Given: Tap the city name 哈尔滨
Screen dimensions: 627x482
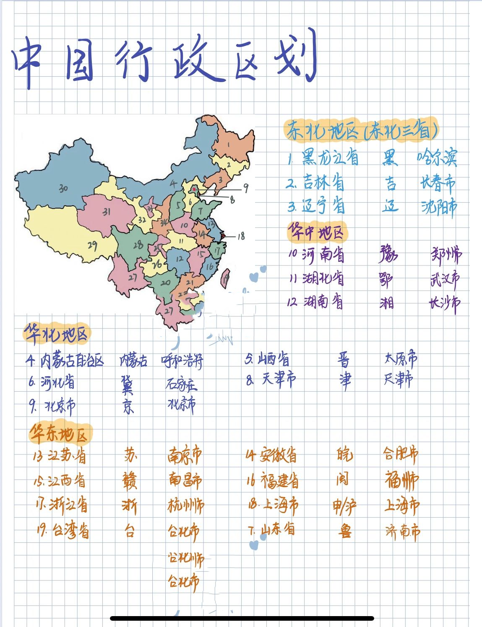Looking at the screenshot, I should click(x=436, y=157).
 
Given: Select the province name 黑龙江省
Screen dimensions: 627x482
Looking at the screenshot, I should click(x=330, y=158).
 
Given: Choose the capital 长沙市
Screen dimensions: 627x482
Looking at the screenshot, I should click(x=444, y=303).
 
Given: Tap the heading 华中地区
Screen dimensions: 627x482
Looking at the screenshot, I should click(x=317, y=232).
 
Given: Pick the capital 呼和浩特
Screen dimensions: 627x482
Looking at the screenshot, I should click(x=182, y=360).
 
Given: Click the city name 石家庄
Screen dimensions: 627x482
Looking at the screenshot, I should click(x=181, y=384).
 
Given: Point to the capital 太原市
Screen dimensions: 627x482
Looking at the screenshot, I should click(x=401, y=359).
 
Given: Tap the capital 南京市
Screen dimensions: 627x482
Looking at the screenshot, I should click(x=185, y=455).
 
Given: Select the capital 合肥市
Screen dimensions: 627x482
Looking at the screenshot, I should click(x=401, y=454).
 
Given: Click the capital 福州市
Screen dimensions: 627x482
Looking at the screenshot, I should click(x=401, y=480).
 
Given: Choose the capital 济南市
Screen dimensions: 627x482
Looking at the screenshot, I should click(x=402, y=532).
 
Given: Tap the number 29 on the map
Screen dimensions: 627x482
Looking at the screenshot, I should click(x=92, y=245).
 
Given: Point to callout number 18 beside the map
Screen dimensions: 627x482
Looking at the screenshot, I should click(x=241, y=236).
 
